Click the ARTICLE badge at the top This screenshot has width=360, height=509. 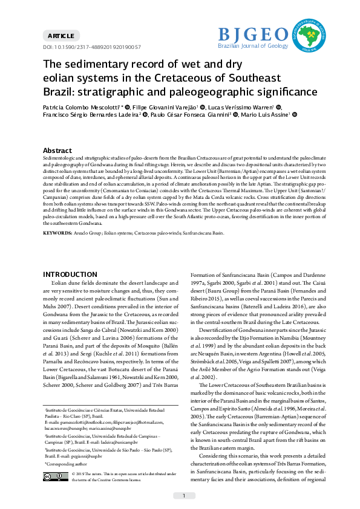pyautogui.click(x=61, y=36)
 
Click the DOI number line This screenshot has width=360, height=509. pyautogui.click(x=91, y=47)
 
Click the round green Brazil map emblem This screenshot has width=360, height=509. pyautogui.click(x=312, y=35)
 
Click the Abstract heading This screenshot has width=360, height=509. pyautogui.click(x=58, y=151)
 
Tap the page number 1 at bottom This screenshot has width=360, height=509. pyautogui.click(x=183, y=496)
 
